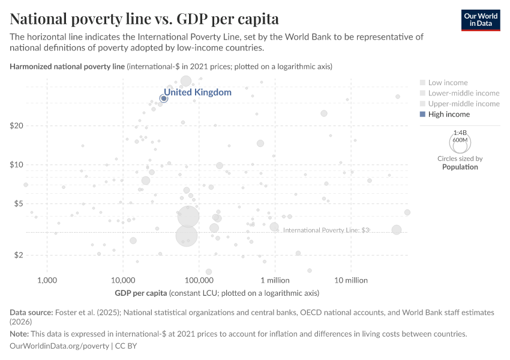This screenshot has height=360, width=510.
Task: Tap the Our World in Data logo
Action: tap(480, 20)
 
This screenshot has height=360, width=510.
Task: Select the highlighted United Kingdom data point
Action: tap(163, 98)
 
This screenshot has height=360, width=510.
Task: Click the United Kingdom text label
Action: tap(197, 92)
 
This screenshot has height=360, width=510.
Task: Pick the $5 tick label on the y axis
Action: tap(18, 204)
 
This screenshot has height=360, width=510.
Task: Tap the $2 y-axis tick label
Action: tap(18, 255)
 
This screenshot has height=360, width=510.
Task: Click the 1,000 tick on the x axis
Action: tap(47, 280)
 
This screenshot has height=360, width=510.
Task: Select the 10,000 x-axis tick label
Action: tap(123, 280)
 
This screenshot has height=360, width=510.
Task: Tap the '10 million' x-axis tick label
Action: tap(351, 280)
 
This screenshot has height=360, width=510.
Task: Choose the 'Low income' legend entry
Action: tap(448, 82)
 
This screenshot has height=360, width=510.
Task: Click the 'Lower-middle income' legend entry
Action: tap(463, 93)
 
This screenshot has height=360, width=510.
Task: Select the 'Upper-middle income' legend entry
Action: tap(463, 104)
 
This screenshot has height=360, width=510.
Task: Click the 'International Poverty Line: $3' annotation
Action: tap(326, 230)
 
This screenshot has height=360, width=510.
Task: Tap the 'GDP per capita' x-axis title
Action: tap(140, 293)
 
